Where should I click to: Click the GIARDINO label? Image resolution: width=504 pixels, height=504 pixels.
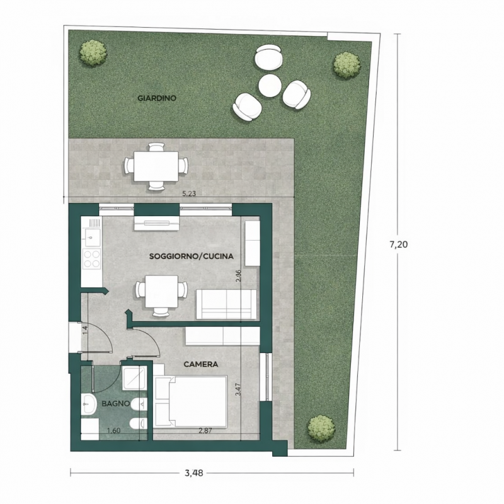(x=157, y=98)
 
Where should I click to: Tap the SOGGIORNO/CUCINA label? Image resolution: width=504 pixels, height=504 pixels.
(x=192, y=256)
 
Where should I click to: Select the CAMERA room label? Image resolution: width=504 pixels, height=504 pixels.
(x=201, y=364)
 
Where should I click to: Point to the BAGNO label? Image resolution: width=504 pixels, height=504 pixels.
(x=116, y=403)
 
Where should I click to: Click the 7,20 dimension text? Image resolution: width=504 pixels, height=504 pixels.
(x=399, y=244)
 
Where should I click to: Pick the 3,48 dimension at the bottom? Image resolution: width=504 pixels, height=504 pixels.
(x=194, y=473)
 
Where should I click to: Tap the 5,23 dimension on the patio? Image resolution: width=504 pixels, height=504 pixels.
(x=189, y=194)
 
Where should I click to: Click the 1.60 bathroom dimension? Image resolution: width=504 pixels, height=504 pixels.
(x=113, y=431)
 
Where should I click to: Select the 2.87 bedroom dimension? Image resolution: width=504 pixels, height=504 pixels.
(x=205, y=431)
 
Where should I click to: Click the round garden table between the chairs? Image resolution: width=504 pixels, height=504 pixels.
(x=270, y=85)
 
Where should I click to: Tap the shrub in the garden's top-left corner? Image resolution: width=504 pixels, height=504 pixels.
(x=93, y=53)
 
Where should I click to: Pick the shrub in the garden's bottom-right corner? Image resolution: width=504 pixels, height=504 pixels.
(x=322, y=428)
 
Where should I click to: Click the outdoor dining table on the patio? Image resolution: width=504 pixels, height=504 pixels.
(x=156, y=166)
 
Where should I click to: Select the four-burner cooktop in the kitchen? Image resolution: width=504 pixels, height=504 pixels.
(x=91, y=259)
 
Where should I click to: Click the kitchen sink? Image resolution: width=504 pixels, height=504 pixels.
(x=91, y=238)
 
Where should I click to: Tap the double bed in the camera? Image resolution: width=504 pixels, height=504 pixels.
(x=191, y=401)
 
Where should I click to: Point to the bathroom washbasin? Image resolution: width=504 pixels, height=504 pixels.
(x=89, y=403)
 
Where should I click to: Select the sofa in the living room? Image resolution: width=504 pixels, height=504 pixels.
(x=227, y=304)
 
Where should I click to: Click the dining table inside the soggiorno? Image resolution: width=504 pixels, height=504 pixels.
(x=161, y=291)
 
